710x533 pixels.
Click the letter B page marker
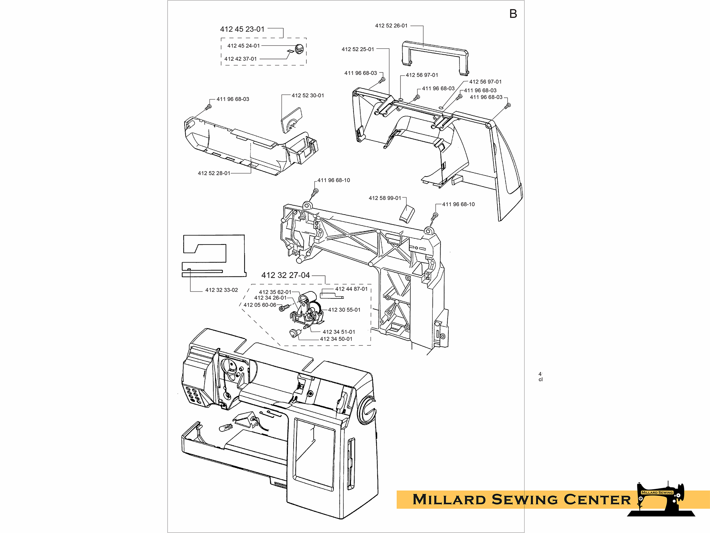tap(513, 14)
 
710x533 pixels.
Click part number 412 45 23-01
tap(242, 29)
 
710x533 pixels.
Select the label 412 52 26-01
tap(391, 26)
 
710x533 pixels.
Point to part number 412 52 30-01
tap(308, 95)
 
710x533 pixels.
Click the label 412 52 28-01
tap(214, 173)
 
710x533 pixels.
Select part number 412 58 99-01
tap(385, 198)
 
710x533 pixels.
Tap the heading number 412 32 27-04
tap(285, 275)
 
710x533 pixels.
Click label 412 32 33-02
tap(222, 290)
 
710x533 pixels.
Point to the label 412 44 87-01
tap(351, 289)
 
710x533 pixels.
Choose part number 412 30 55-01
tap(344, 310)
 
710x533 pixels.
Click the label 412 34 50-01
tap(336, 339)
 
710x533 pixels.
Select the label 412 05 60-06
tap(260, 305)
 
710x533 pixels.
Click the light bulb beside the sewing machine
tap(225, 427)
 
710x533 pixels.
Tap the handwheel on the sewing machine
tap(366, 410)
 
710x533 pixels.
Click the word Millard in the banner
tap(449, 499)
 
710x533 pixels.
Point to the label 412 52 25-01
tap(358, 49)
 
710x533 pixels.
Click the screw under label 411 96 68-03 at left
tap(208, 107)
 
